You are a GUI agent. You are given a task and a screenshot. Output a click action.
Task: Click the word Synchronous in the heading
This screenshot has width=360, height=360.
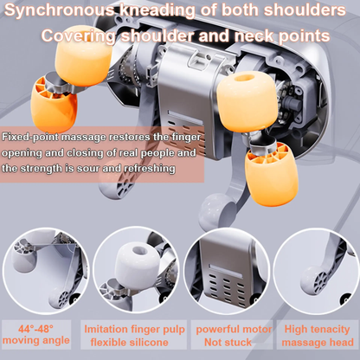[61, 12]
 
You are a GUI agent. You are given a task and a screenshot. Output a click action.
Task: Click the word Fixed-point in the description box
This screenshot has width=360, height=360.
[31, 138]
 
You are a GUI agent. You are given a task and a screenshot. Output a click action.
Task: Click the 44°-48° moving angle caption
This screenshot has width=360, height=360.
[43, 335]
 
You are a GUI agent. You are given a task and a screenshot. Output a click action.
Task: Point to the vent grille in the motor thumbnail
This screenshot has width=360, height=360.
[222, 281]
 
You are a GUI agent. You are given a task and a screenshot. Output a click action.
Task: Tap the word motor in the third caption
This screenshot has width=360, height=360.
[249, 329]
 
